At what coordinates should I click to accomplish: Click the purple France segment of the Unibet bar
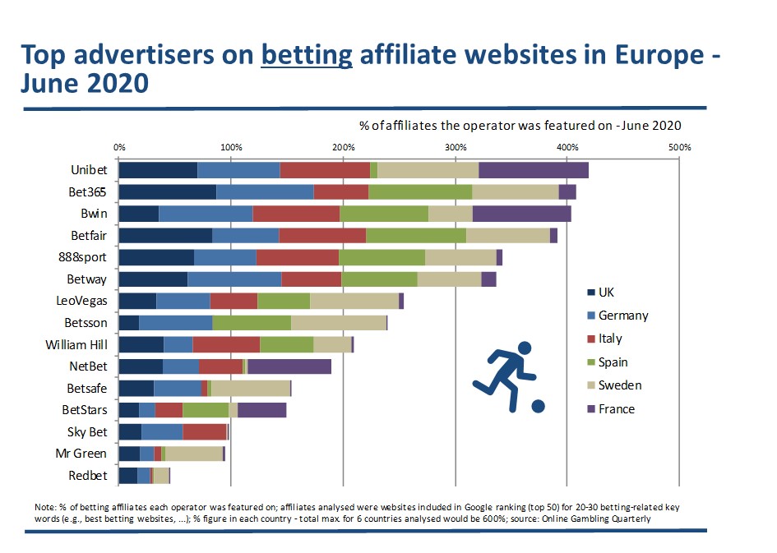coord(534,170)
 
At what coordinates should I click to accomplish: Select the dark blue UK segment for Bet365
coord(168,191)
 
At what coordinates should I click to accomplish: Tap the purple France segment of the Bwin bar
coord(521,214)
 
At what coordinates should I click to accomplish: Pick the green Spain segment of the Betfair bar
coord(416,236)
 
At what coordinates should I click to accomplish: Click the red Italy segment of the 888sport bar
coord(298,257)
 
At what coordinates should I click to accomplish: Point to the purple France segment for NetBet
coord(289,366)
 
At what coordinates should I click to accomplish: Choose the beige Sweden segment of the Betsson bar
coord(339,322)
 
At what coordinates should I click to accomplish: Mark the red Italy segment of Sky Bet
coord(205,431)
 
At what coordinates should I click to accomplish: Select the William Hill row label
coord(76,344)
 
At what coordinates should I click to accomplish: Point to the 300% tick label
coord(456,147)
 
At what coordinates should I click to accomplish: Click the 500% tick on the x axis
coord(679,147)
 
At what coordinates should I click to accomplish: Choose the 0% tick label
coord(119,147)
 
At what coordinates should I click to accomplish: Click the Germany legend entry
coord(622,316)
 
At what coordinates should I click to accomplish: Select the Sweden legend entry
coord(619,385)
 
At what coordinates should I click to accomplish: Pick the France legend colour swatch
coord(591,409)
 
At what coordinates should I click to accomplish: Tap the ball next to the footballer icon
coord(537,406)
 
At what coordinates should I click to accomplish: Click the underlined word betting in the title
coord(307,54)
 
